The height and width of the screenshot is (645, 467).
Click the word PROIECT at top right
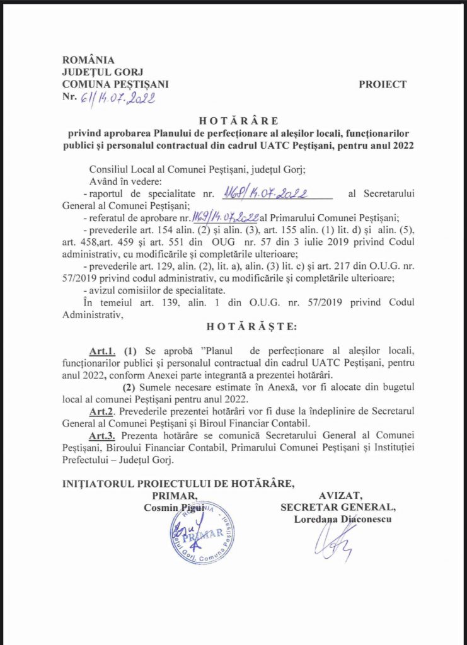click(x=383, y=84)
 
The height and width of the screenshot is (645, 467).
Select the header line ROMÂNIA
click(x=88, y=60)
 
